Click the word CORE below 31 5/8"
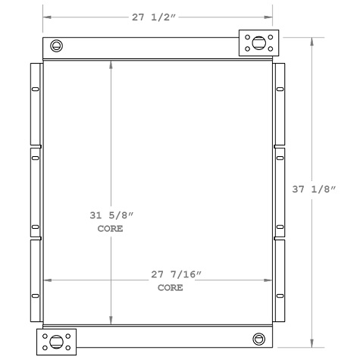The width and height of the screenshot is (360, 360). pyautogui.click(x=111, y=228)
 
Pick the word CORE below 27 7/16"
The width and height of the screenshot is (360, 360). pyautogui.click(x=169, y=288)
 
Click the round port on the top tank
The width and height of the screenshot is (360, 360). pyautogui.click(x=56, y=46)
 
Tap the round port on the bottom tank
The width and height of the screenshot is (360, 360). pyautogui.click(x=259, y=338)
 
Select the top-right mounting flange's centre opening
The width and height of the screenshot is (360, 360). pyautogui.click(x=258, y=43)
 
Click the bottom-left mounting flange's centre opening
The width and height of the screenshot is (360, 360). pyautogui.click(x=58, y=340)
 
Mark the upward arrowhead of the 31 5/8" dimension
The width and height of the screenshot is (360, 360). pyautogui.click(x=112, y=65)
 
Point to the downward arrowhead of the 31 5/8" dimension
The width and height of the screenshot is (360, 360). pyautogui.click(x=112, y=321)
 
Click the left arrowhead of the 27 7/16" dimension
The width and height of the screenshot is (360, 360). pyautogui.click(x=47, y=280)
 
